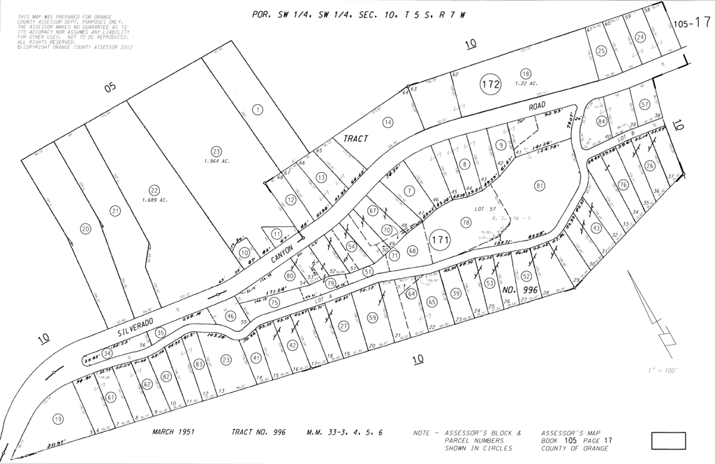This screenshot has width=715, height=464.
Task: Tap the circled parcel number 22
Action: click(154, 189)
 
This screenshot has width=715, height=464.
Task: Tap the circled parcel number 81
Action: click(539, 185)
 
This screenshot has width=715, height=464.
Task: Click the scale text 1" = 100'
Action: click(663, 370)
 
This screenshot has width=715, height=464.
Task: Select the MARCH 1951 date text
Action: click(173, 432)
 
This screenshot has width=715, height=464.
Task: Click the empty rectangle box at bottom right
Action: click(668, 441)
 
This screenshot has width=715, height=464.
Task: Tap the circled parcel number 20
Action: click(86, 229)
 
